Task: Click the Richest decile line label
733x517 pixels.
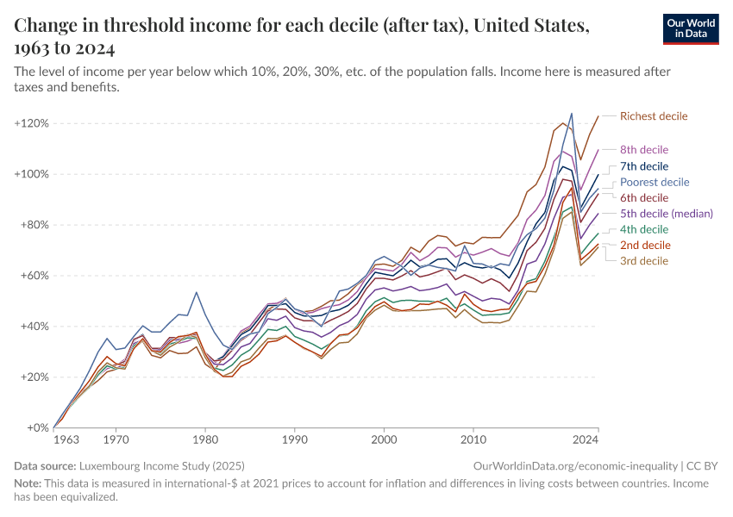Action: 654,116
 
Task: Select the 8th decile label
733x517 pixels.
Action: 644,150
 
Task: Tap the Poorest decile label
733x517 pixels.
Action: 655,182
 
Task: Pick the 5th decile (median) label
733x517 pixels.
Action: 667,214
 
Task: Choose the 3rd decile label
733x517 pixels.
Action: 644,261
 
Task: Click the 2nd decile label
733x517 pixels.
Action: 644,246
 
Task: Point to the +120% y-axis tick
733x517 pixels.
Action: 31,123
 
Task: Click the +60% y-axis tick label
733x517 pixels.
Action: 34,276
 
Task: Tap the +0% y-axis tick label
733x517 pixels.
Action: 37,427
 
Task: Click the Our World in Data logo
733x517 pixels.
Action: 691,28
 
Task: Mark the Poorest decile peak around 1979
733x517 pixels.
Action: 197,292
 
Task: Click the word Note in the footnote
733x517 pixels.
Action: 28,483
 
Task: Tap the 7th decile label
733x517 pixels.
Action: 644,166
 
